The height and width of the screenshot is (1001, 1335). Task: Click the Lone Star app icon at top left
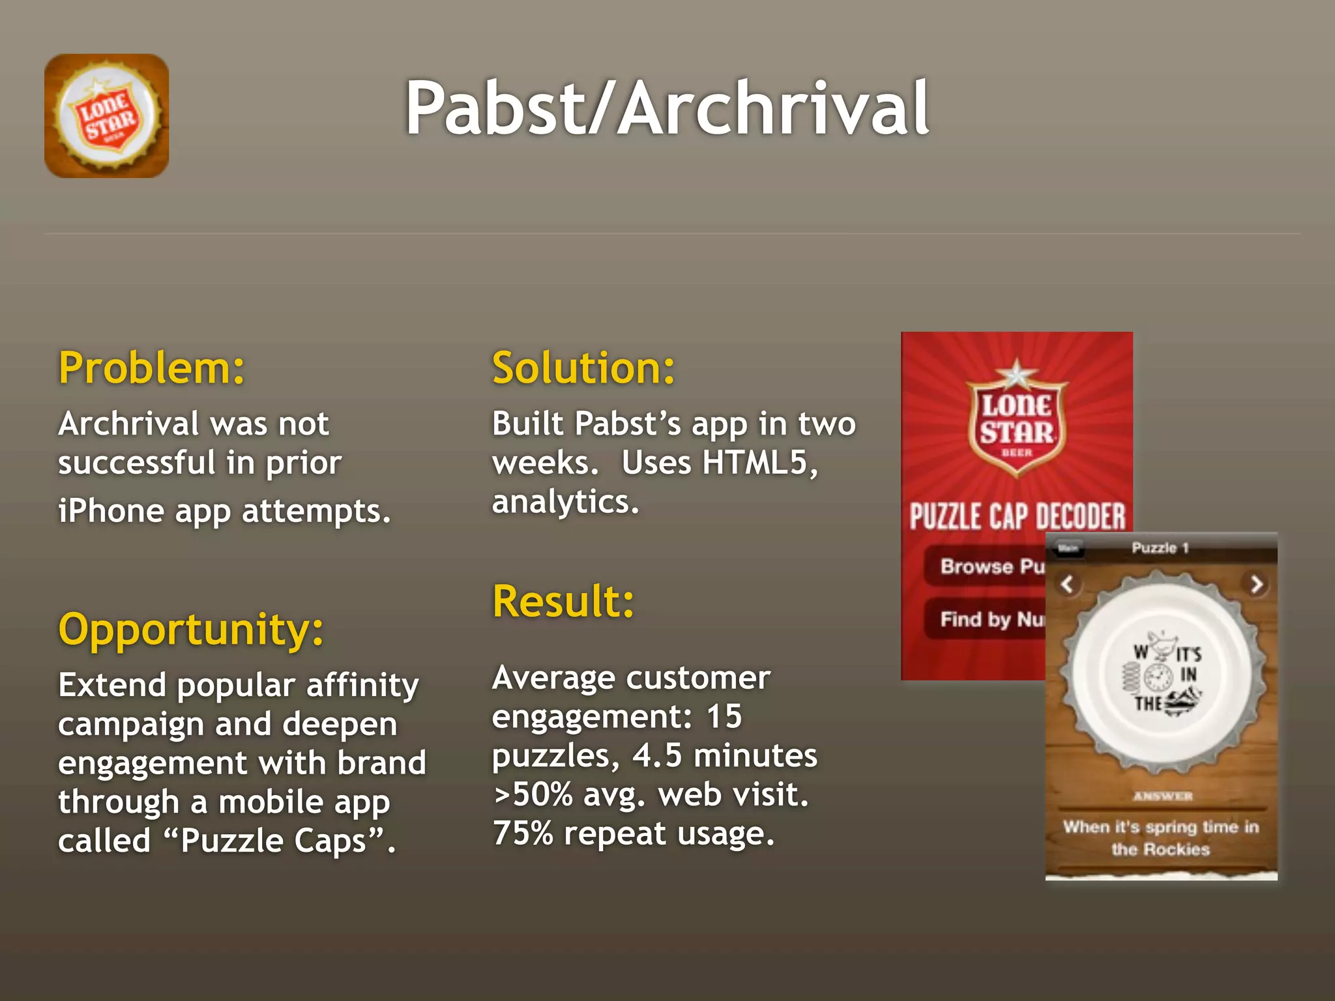pyautogui.click(x=106, y=116)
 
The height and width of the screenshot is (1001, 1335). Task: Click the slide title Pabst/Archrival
pyautogui.click(x=666, y=108)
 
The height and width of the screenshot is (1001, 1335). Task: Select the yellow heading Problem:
pyautogui.click(x=151, y=368)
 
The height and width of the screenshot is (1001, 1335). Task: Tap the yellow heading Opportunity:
pyautogui.click(x=190, y=630)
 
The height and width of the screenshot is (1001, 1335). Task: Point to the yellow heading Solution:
pyautogui.click(x=583, y=368)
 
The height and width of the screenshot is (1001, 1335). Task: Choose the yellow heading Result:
pyautogui.click(x=563, y=601)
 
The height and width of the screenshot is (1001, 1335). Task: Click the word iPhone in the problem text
pyautogui.click(x=110, y=511)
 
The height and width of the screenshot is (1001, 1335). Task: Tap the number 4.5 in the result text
pyautogui.click(x=657, y=756)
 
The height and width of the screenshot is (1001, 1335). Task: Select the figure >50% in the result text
pyautogui.click(x=533, y=795)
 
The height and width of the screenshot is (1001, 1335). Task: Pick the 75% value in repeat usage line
pyautogui.click(x=523, y=834)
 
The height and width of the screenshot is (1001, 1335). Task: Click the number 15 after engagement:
pyautogui.click(x=724, y=717)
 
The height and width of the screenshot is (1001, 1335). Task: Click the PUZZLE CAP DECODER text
pyautogui.click(x=1017, y=517)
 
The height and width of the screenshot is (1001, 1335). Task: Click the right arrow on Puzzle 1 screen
pyautogui.click(x=1256, y=584)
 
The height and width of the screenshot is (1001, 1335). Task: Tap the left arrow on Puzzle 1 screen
pyautogui.click(x=1067, y=584)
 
